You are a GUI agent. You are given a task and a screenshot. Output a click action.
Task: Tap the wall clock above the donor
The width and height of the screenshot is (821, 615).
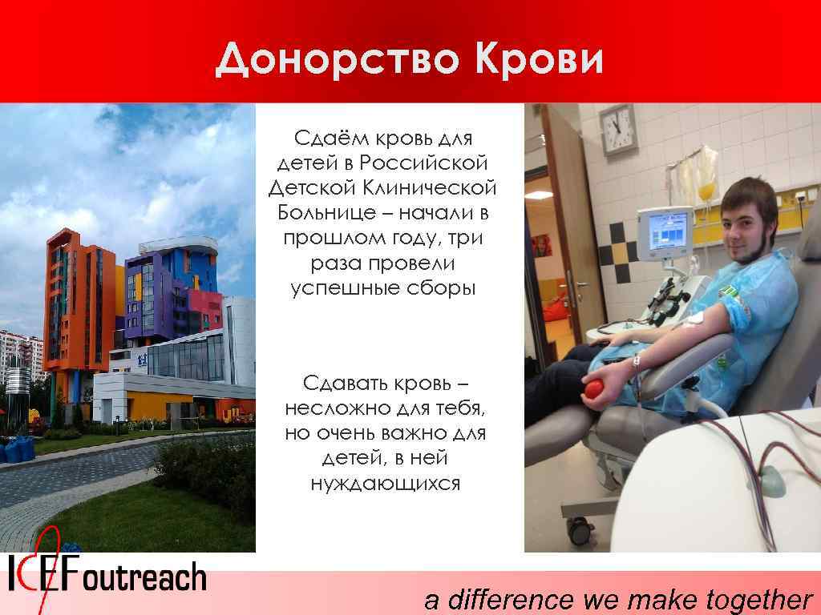click(617, 129)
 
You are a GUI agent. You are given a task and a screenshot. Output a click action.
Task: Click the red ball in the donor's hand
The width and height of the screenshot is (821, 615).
click(594, 388)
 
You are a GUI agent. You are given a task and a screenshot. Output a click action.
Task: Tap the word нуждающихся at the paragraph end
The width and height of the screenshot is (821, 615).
click(385, 484)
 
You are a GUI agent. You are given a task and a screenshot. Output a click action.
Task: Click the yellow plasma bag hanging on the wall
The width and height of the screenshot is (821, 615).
click(706, 192)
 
